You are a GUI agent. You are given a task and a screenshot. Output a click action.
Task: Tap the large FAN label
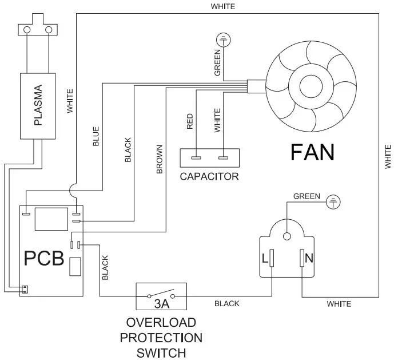[x=312, y=152]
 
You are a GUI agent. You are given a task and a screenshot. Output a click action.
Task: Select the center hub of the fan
[x=311, y=86]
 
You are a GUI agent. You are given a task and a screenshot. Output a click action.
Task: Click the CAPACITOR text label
[x=209, y=176]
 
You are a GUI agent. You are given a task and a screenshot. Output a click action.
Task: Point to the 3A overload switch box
[x=161, y=295]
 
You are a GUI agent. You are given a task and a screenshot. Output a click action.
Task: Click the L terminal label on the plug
[x=264, y=258]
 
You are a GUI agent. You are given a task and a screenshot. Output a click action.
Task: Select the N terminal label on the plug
[x=309, y=258]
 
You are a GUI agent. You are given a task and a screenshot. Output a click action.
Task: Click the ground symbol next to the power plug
[x=333, y=201]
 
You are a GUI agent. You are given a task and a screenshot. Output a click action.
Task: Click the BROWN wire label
[x=160, y=159]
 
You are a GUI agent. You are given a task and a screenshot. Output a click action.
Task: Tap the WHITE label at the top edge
[x=223, y=6]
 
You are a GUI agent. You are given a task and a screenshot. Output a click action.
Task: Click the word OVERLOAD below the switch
[x=161, y=323]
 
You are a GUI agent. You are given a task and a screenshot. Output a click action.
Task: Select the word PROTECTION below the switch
[x=161, y=337]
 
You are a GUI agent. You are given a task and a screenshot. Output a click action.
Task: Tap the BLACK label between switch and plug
[x=227, y=304]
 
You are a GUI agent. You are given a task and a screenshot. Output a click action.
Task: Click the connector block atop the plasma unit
[x=38, y=30]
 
